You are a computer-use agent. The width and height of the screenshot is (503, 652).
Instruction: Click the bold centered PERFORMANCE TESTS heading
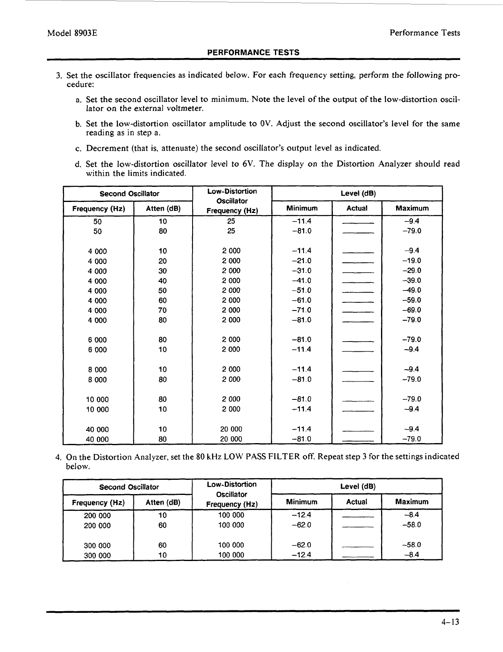[x=253, y=52]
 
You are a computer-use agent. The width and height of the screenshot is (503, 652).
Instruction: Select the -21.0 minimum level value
[x=302, y=261]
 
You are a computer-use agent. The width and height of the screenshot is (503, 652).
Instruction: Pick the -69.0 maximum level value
[x=412, y=310]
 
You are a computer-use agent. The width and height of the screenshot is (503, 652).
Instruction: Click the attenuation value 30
[x=162, y=271]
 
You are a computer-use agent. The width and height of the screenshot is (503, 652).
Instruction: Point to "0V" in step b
[x=265, y=124]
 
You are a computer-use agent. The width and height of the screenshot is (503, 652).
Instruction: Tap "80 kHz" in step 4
[x=210, y=457]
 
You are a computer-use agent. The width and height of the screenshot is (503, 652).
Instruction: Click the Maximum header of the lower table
[x=412, y=502]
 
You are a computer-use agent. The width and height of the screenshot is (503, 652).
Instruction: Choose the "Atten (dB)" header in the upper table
[x=163, y=209]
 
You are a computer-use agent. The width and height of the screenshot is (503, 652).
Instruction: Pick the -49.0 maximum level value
[x=412, y=291]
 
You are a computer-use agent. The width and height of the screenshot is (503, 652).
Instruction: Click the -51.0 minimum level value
[x=302, y=291]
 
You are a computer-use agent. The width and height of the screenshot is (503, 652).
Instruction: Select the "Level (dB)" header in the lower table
[x=357, y=486]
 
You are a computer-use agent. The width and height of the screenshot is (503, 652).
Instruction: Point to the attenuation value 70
[x=162, y=310]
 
